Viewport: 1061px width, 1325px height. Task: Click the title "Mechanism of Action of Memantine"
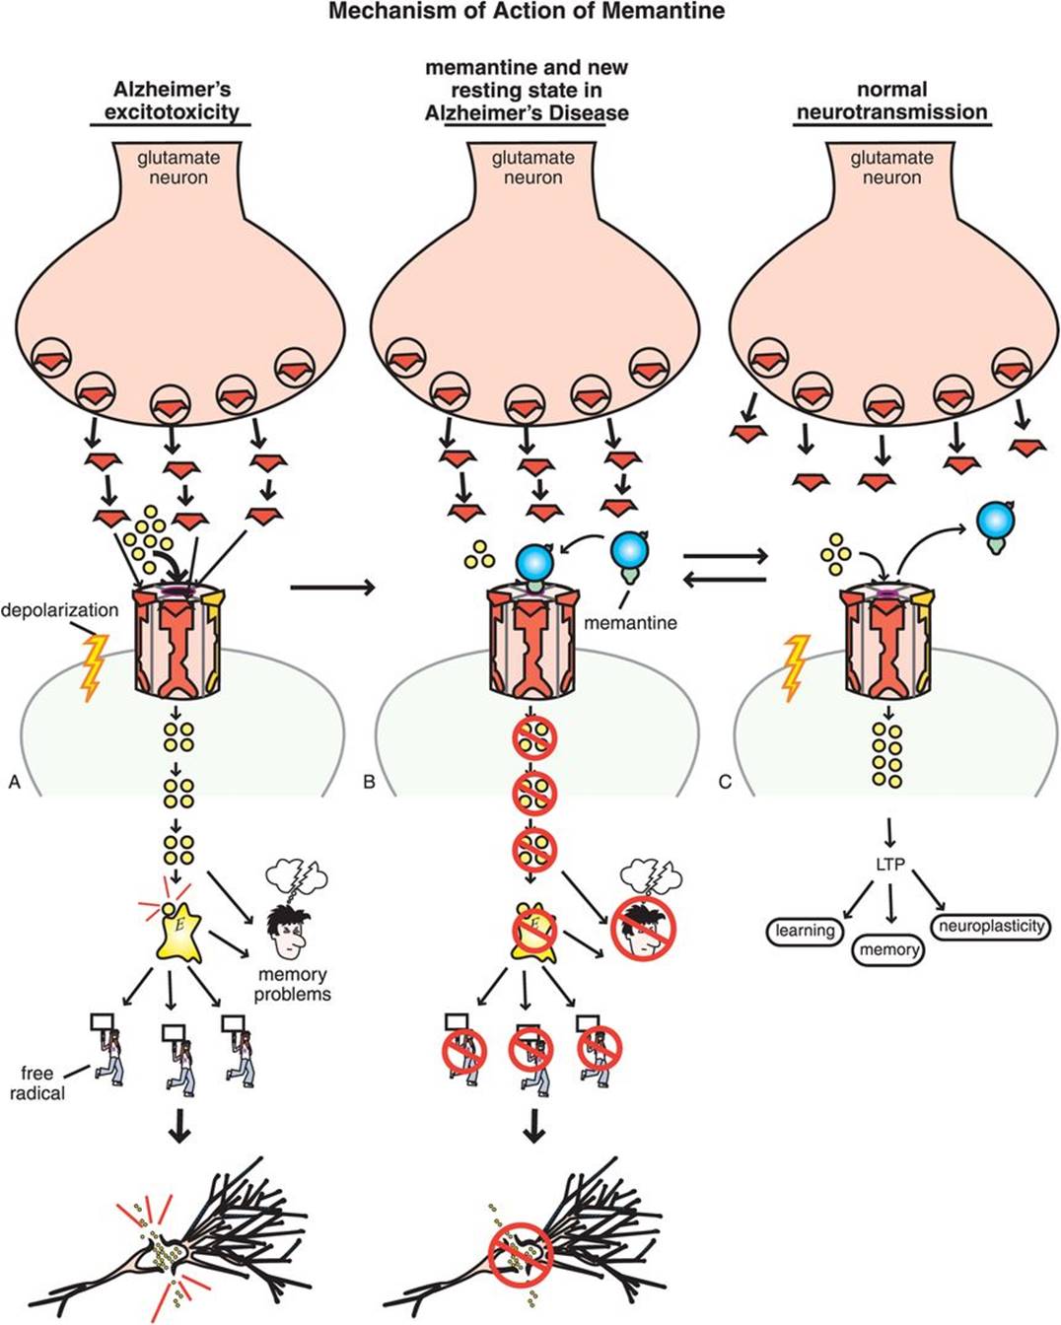pos(527,12)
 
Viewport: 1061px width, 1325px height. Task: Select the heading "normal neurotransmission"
pos(891,102)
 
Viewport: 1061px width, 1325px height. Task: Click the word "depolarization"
pos(59,610)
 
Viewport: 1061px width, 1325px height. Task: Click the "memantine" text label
pos(630,623)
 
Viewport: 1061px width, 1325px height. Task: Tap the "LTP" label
pos(889,865)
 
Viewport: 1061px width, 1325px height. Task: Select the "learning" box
pos(805,931)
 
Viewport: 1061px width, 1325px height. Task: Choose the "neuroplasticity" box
pos(991,927)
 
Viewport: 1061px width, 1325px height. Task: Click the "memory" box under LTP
pos(888,950)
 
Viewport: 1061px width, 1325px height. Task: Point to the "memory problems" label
pos(292,984)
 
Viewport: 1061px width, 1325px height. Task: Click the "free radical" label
pos(42,1082)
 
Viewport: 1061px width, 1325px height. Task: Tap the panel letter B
pos(369,783)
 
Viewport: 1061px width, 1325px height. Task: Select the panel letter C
pos(725,783)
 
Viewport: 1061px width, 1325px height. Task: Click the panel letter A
pos(14,783)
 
